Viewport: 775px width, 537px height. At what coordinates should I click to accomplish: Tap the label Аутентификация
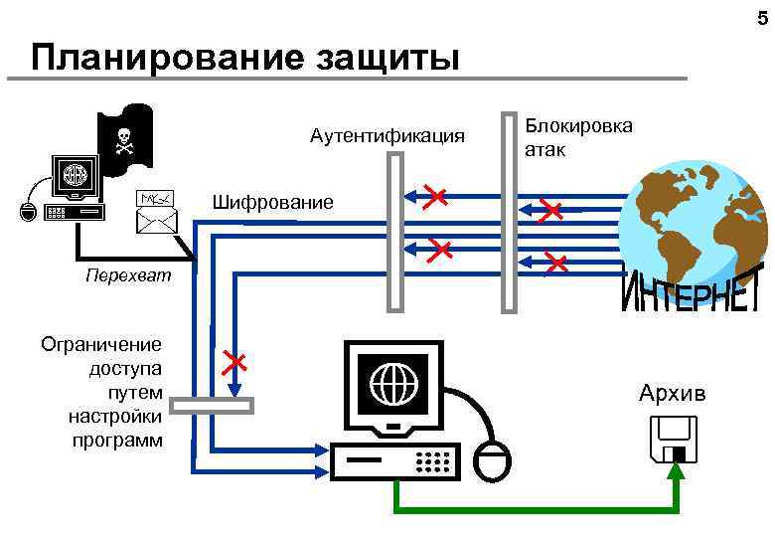387,135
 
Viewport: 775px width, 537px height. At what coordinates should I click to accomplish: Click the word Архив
673,394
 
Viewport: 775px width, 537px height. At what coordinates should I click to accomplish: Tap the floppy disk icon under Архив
674,441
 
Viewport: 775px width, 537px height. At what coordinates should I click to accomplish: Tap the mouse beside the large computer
493,460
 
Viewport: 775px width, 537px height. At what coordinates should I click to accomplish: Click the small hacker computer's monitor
77,177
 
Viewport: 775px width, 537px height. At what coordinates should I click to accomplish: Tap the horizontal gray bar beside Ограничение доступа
212,406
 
